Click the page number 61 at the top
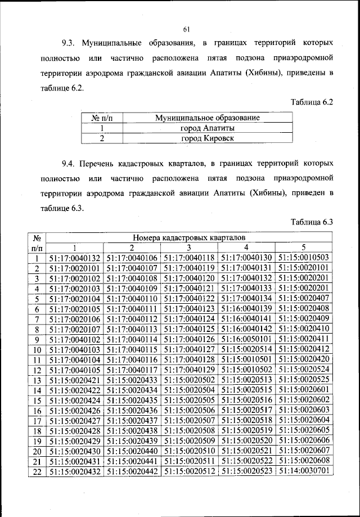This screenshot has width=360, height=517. click(187, 30)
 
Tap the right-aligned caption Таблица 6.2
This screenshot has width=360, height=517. click(312, 102)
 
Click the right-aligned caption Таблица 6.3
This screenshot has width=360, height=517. click(312, 223)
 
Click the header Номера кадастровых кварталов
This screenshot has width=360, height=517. click(189, 238)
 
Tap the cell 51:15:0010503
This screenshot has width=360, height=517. click(304, 258)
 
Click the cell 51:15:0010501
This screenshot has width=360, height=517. click(246, 359)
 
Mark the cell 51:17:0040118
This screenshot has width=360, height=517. click(189, 258)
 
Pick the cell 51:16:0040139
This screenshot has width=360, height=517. click(246, 309)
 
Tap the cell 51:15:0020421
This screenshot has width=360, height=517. click(74, 380)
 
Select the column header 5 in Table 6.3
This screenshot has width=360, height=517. click(304, 248)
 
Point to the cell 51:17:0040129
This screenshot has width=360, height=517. click(189, 370)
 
